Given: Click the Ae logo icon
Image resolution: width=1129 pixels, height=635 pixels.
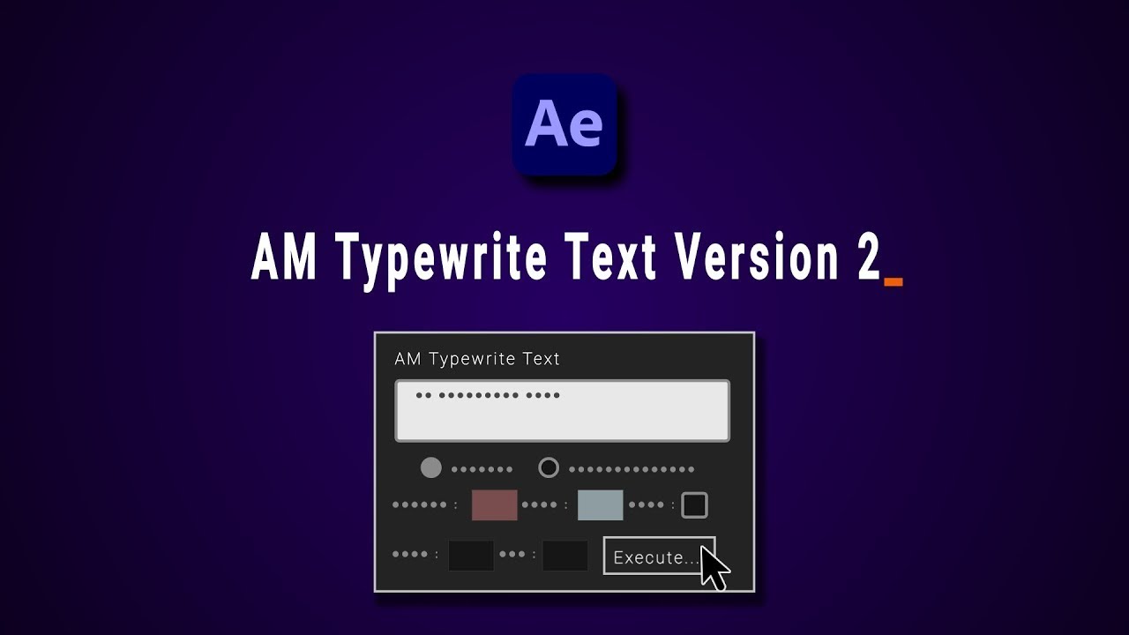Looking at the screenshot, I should pos(564,124).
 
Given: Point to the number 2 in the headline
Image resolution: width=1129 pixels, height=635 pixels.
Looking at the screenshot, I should pos(868,259).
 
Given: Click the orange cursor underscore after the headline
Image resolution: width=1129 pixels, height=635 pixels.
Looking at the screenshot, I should pos(893,282).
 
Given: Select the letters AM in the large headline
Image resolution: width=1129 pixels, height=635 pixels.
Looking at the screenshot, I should pos(284,259).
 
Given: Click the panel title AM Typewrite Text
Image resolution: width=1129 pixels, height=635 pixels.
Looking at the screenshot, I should pos(477,359).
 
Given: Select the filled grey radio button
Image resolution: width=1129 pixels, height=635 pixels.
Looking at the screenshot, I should pos(430,467).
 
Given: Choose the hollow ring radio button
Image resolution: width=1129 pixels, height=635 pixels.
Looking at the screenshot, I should pos(549,467).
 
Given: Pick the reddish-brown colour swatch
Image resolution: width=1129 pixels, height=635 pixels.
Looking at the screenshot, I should pos(494,505).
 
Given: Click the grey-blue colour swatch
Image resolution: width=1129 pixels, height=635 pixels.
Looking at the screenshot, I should pos(600,505).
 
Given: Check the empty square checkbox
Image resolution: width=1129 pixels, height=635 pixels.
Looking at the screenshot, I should pos(694,505).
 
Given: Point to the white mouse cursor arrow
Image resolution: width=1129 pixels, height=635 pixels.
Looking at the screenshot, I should pos(713,568).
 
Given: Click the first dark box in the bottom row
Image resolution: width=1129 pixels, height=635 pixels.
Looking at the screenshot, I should pos(471,556).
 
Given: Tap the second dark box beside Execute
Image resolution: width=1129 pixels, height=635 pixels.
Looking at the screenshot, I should pos(564,556).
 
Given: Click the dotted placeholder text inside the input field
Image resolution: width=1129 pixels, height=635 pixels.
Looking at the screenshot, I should pos(488,395).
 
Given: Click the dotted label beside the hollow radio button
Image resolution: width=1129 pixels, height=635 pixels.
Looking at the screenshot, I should pos(632,469).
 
